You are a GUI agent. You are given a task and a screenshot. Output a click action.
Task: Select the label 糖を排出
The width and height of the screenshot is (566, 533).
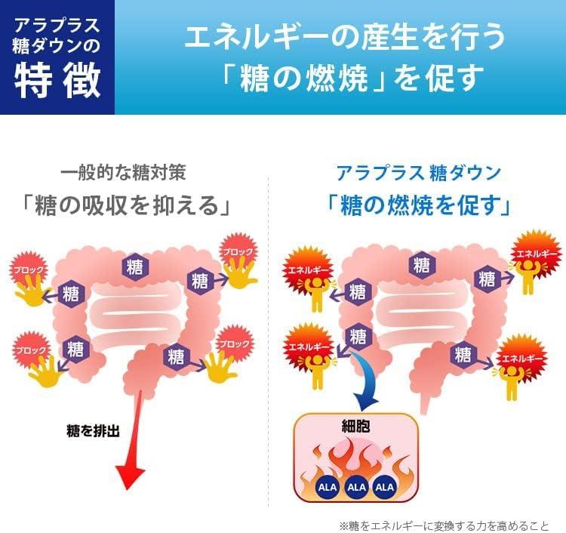[93, 432]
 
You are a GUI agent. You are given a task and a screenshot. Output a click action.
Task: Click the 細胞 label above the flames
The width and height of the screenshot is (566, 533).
[355, 425]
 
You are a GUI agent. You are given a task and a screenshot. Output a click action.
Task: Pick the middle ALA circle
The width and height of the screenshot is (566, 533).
[355, 487]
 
